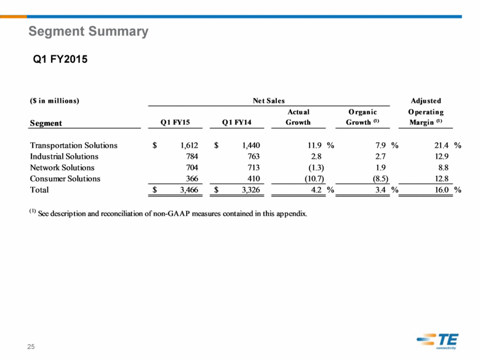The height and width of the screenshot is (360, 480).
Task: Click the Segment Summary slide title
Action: pyautogui.click(x=88, y=31)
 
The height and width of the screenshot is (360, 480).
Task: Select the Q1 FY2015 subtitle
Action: pyautogui.click(x=60, y=59)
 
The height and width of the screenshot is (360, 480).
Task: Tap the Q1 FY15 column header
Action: pyautogui.click(x=175, y=122)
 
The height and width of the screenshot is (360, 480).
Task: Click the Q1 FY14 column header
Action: pyautogui.click(x=237, y=122)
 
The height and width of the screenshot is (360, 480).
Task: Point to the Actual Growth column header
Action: pyautogui.click(x=298, y=117)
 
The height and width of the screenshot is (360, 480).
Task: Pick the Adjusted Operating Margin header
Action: pyautogui.click(x=426, y=111)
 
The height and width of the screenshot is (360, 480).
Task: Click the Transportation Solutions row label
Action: pyautogui.click(x=74, y=145)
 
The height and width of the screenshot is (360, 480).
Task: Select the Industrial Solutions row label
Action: pyautogui.click(x=64, y=156)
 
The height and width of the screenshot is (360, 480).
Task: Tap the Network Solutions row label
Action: pyautogui.click(x=62, y=167)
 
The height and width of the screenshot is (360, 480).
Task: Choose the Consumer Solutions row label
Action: pyautogui.click(x=65, y=178)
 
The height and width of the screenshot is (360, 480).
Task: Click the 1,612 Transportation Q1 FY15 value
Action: pyautogui.click(x=189, y=145)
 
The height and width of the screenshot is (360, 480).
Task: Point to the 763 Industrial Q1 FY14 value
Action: pyautogui.click(x=254, y=156)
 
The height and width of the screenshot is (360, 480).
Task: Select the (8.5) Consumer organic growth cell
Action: pyautogui.click(x=380, y=179)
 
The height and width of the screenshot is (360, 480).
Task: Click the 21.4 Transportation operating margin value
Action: pyautogui.click(x=441, y=145)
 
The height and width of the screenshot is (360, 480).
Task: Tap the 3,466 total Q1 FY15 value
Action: pyautogui.click(x=189, y=190)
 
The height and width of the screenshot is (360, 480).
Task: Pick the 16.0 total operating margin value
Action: pyautogui.click(x=441, y=190)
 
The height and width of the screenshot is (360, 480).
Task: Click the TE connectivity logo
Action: pyautogui.click(x=438, y=341)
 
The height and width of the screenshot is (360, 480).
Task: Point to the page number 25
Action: pyautogui.click(x=31, y=346)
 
